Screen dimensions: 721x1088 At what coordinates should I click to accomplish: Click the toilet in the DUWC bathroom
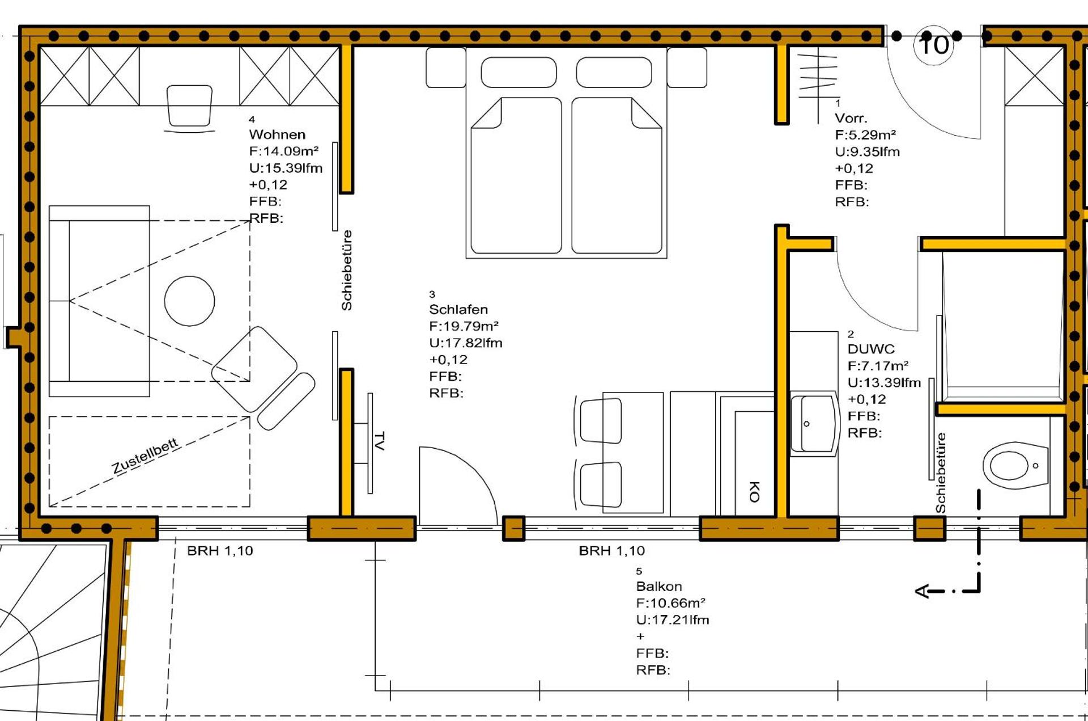[1014, 465]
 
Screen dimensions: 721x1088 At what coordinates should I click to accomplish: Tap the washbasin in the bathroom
[815, 423]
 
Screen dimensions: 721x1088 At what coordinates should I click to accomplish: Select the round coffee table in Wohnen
[189, 301]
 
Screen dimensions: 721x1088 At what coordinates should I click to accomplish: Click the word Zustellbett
[145, 456]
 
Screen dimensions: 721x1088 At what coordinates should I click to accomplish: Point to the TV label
[380, 441]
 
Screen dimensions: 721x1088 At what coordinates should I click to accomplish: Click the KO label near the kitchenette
[754, 491]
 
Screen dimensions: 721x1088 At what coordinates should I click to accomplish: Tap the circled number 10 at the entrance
[933, 45]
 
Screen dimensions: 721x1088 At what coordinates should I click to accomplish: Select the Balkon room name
[658, 586]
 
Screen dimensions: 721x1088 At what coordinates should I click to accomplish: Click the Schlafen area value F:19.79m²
[464, 326]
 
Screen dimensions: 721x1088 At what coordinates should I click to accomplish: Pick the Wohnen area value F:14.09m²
[283, 151]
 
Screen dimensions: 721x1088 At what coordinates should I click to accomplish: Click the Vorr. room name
[851, 119]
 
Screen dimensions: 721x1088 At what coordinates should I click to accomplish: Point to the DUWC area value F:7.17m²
[878, 366]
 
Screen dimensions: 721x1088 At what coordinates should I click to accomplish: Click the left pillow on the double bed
[518, 72]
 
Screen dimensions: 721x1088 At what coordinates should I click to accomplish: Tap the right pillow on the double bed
[614, 72]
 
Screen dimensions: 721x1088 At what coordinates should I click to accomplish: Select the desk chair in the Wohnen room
[189, 107]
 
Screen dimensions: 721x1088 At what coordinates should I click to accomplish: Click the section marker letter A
[923, 591]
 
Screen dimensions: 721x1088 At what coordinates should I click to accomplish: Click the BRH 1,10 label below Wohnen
[220, 551]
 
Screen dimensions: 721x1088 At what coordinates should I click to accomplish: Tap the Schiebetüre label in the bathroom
[941, 473]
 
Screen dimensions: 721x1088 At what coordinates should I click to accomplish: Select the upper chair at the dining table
[601, 420]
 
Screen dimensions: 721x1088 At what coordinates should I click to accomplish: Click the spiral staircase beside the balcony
[51, 630]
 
